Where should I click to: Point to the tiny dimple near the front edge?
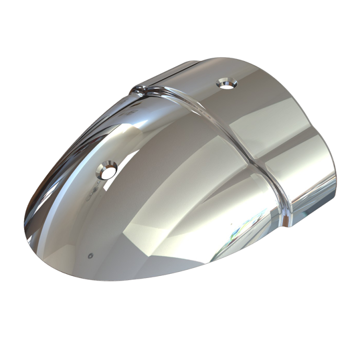(91, 256)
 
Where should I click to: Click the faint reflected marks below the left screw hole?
(94, 190)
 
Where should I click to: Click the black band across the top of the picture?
(180, 18)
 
